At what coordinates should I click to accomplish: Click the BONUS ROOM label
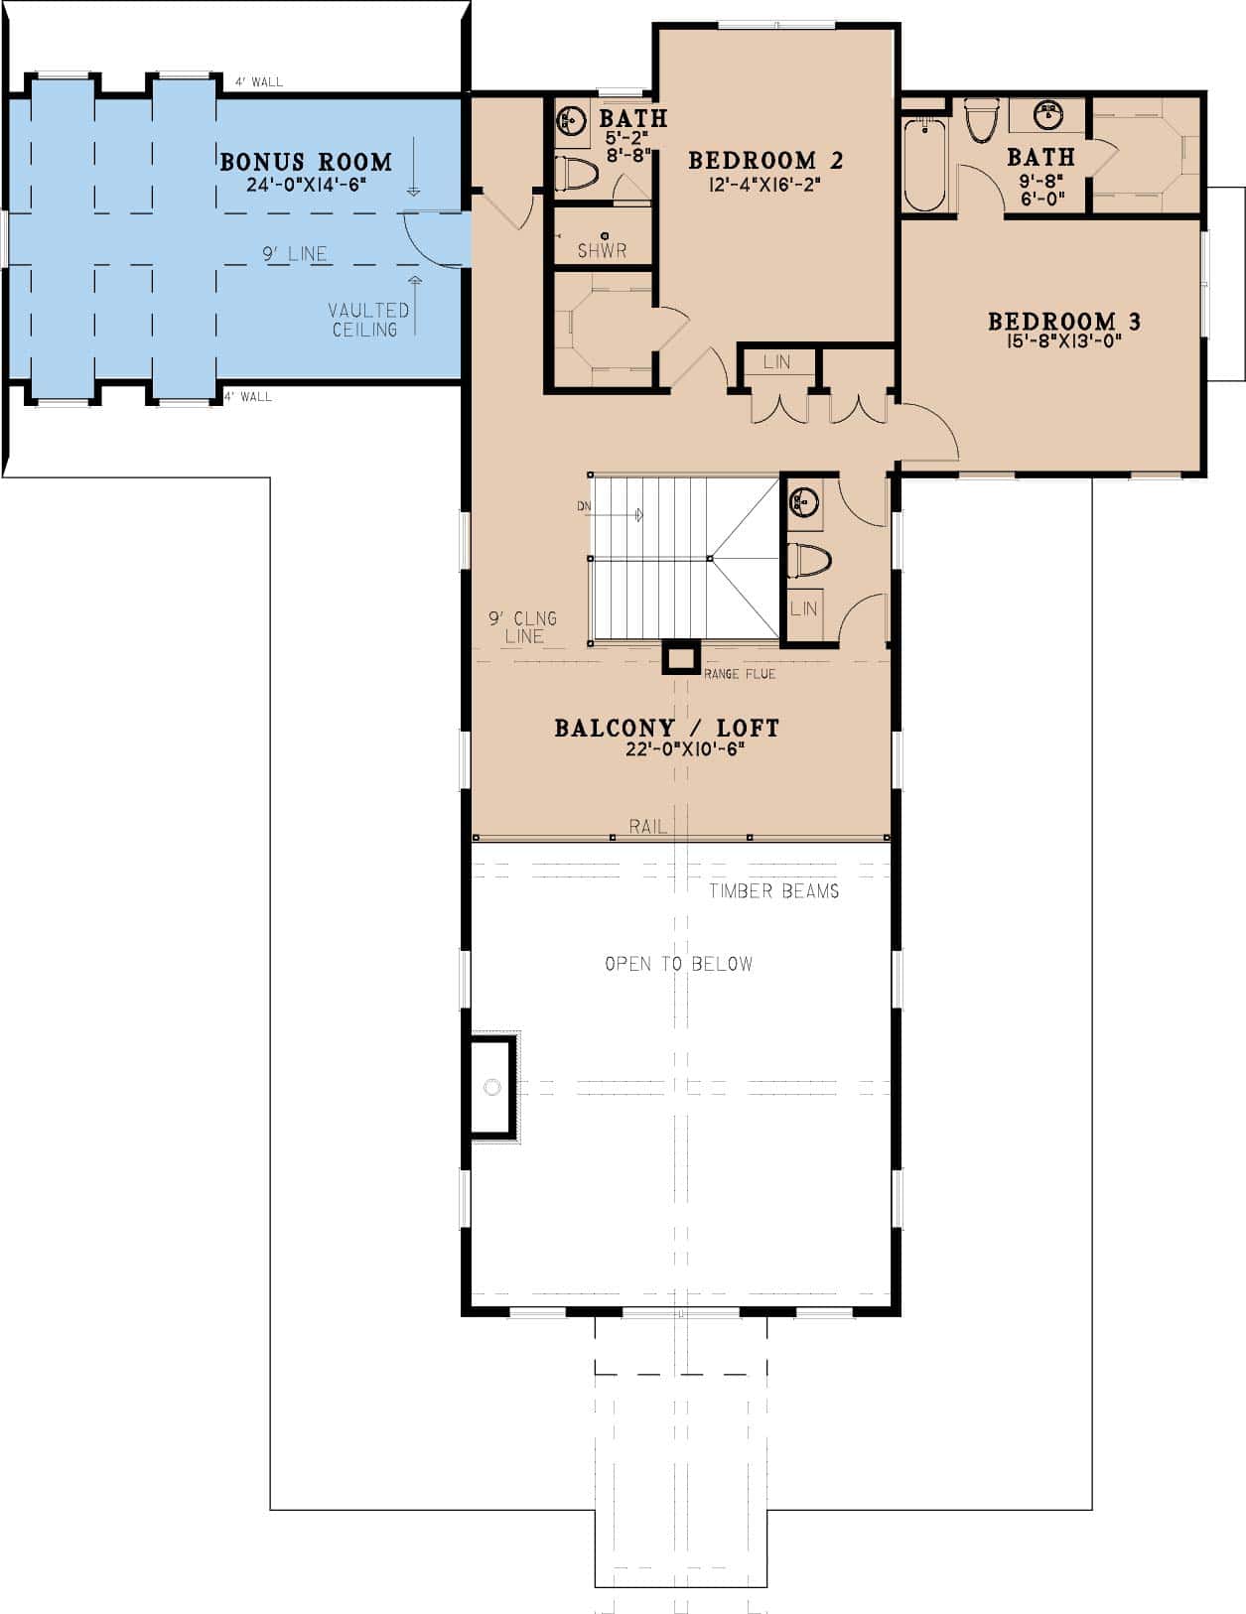[305, 162]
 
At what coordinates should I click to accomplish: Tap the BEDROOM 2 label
[765, 161]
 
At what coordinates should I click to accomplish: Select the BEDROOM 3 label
[1064, 322]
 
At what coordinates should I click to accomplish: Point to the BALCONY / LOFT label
[667, 728]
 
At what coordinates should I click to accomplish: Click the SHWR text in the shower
[603, 251]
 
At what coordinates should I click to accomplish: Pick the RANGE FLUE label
[740, 674]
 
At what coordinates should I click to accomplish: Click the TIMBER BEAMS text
[774, 891]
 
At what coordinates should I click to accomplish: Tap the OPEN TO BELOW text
[679, 964]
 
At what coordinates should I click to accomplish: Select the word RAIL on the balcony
[647, 826]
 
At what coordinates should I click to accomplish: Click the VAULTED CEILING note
[368, 321]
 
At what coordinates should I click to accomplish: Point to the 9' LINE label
[295, 254]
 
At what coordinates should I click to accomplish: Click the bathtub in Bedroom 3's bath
[924, 164]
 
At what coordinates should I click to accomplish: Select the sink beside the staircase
[803, 503]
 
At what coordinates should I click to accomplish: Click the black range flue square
[681, 657]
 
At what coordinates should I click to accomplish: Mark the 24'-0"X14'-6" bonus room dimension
[306, 185]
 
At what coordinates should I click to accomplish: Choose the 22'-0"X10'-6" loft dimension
[685, 749]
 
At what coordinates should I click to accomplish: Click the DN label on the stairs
[585, 506]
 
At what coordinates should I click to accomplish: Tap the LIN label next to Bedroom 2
[776, 362]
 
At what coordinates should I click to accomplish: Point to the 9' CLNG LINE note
[523, 627]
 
